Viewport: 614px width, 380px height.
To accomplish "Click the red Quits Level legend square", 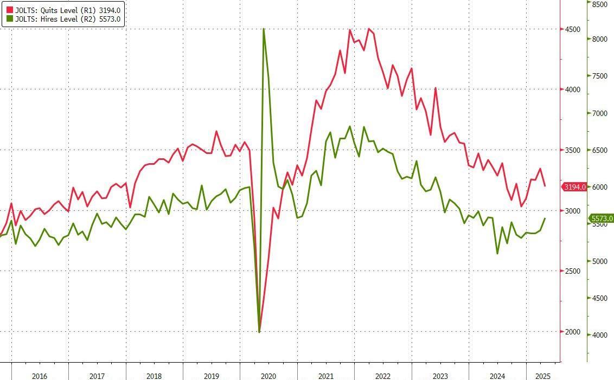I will pyautogui.click(x=9, y=10).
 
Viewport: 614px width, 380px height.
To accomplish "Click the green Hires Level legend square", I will pyautogui.click(x=9, y=19).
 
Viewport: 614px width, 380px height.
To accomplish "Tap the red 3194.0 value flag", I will pyautogui.click(x=575, y=187).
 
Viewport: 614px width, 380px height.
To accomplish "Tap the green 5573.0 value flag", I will pyautogui.click(x=602, y=218).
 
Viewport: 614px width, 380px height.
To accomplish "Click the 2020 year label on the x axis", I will pyautogui.click(x=268, y=376).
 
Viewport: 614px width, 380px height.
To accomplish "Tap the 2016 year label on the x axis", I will pyautogui.click(x=40, y=376).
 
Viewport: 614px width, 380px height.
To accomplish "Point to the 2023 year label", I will pyautogui.click(x=440, y=376).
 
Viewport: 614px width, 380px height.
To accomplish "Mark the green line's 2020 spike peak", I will pyautogui.click(x=264, y=29).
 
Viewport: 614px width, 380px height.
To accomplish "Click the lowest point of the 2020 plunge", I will pyautogui.click(x=259, y=332).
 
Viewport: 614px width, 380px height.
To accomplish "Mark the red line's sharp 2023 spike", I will pyautogui.click(x=436, y=88).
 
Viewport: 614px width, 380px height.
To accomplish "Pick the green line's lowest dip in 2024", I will pyautogui.click(x=497, y=253).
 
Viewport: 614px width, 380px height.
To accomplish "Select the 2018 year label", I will pyautogui.click(x=154, y=376).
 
